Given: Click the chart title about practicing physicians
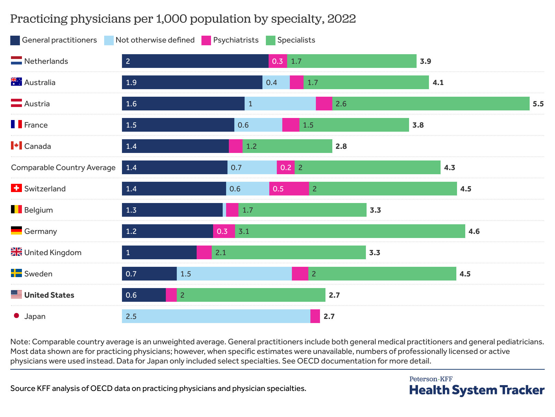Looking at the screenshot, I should (x=183, y=19).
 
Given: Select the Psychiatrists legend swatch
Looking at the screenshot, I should (x=206, y=40).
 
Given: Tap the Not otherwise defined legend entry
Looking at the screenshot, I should (x=155, y=40).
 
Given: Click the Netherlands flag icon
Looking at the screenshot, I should (x=16, y=61).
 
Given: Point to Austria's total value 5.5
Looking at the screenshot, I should (x=538, y=104).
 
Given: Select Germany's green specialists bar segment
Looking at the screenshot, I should (x=350, y=231).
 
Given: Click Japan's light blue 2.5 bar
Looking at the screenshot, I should (x=216, y=316).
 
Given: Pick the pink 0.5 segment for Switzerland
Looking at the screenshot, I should (x=289, y=189).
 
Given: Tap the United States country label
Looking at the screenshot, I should (x=49, y=295).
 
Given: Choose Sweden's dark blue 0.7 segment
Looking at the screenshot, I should (x=149, y=274).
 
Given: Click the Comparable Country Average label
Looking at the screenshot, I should (x=63, y=167).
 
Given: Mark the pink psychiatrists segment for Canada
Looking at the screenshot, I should (x=235, y=146).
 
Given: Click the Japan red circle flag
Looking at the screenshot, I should (x=16, y=316).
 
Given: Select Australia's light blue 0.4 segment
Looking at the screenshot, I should (x=276, y=82).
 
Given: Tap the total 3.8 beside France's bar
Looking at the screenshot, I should (x=418, y=125).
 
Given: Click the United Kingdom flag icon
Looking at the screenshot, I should (x=16, y=252).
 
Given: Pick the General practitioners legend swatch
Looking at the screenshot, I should (x=15, y=40).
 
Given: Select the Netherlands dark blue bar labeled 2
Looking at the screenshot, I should (x=195, y=61).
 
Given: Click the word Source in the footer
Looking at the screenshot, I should (x=23, y=388).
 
